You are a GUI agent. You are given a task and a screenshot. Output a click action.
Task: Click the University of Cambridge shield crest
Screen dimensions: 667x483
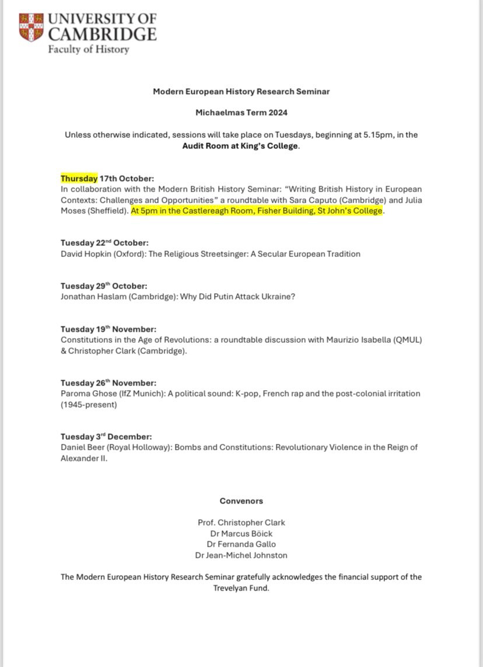point(31,26)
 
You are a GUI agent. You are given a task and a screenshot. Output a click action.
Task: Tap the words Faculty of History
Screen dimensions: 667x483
point(89,49)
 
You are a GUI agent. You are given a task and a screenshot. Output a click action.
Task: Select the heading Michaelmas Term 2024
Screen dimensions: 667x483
point(242,113)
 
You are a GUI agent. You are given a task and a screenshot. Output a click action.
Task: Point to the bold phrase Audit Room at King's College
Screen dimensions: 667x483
point(240,146)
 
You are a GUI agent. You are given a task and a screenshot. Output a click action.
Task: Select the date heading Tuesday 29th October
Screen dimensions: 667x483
point(104,286)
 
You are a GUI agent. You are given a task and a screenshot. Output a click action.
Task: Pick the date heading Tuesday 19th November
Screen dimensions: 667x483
point(108,329)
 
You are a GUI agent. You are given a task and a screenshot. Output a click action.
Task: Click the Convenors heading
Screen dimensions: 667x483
point(242,501)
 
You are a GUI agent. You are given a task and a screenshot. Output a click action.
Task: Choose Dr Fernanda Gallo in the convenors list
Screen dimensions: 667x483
point(242,544)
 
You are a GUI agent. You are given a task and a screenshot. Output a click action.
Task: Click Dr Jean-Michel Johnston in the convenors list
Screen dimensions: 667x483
point(242,555)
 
